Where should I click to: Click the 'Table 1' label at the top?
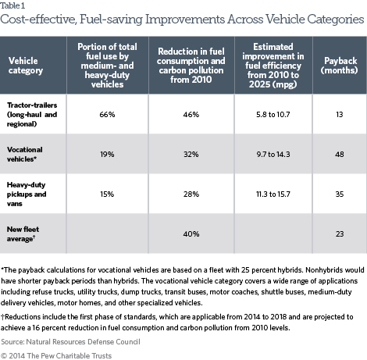(x=12, y=5)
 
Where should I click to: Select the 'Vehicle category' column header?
(x=26, y=66)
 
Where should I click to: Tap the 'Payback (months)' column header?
(x=340, y=66)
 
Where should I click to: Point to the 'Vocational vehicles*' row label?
(x=25, y=155)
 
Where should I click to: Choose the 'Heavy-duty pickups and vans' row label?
(x=27, y=194)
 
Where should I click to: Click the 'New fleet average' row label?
(x=23, y=234)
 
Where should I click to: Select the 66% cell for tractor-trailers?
(x=107, y=115)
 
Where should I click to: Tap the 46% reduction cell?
(x=191, y=115)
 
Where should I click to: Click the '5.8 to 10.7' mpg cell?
(x=273, y=115)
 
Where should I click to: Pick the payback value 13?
(x=340, y=115)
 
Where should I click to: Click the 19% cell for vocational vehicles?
(x=107, y=155)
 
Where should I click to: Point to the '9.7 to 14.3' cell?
(x=273, y=155)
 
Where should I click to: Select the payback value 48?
(x=340, y=155)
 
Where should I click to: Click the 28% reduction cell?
(x=191, y=194)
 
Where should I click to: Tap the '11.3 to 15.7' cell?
(x=273, y=194)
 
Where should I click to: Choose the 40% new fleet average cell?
(x=191, y=234)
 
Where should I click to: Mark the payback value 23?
(x=340, y=234)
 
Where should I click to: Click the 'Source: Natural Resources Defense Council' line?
(x=70, y=342)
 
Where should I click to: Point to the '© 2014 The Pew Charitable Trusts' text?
(x=56, y=356)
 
